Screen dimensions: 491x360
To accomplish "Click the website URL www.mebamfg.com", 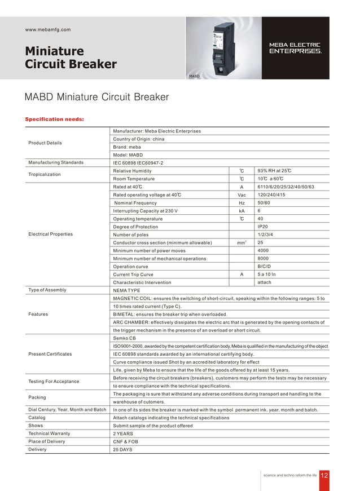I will tap(48, 29).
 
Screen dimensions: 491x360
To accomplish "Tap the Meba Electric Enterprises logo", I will tap(296, 48).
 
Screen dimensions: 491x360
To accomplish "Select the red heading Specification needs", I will tap(55, 119).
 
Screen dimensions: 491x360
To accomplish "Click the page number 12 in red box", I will tap(324, 475).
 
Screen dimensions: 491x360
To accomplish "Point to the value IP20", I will tap(263, 227).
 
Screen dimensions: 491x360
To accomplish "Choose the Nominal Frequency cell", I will tap(136, 203).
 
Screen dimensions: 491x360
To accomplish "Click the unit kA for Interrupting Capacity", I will tap(241, 211).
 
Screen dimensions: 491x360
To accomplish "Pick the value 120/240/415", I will tap(270, 195).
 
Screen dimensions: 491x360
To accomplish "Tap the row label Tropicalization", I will tap(45, 175).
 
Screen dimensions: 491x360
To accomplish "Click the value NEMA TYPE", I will tap(126, 290).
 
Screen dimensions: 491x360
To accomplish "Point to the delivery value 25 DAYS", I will tap(122, 450).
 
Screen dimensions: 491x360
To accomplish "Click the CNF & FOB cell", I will tap(125, 442).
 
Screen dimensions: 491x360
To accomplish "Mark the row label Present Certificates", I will tap(50, 354).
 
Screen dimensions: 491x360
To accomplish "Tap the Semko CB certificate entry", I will tap(125, 338).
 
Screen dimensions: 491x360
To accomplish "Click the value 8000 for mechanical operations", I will tap(263, 259).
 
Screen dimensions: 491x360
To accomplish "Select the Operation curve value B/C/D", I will tap(264, 267).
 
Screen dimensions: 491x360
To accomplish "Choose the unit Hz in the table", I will tap(241, 203).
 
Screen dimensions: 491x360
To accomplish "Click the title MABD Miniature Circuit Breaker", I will tap(96, 97).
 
